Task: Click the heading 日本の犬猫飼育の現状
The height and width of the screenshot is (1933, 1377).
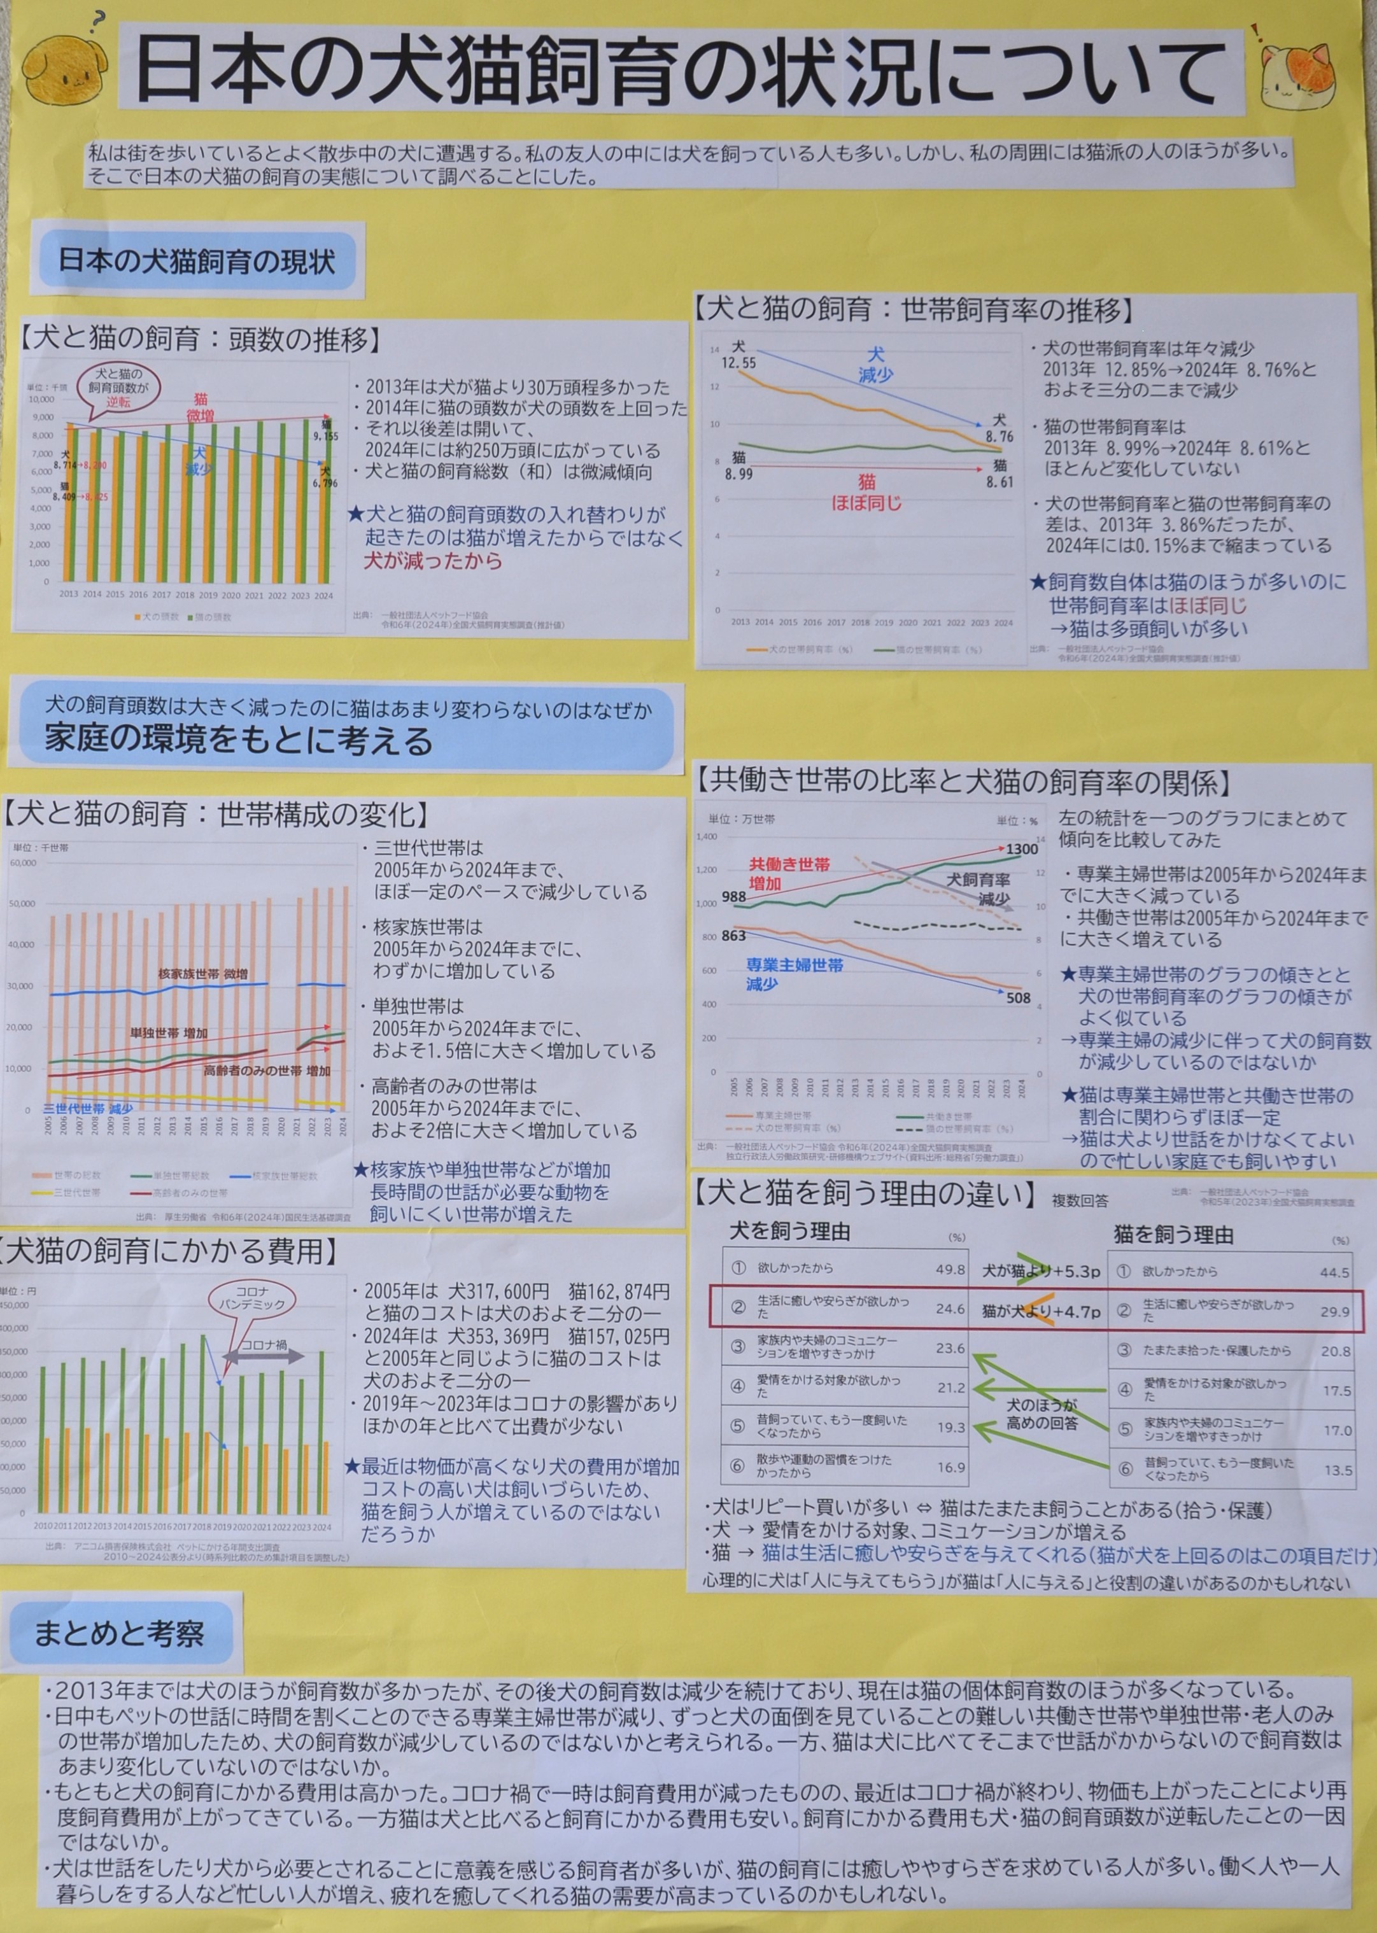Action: click(197, 260)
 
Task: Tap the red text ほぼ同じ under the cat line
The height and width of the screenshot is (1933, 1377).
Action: click(866, 503)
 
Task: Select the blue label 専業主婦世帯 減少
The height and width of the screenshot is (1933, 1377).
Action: click(794, 974)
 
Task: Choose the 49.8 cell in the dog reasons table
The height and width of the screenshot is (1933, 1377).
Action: click(950, 1269)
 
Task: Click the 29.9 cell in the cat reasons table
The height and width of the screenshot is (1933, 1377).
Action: click(1334, 1312)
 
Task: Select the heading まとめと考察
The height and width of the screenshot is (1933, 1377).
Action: click(118, 1634)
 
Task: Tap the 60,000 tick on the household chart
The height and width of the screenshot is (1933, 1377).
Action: click(23, 862)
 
